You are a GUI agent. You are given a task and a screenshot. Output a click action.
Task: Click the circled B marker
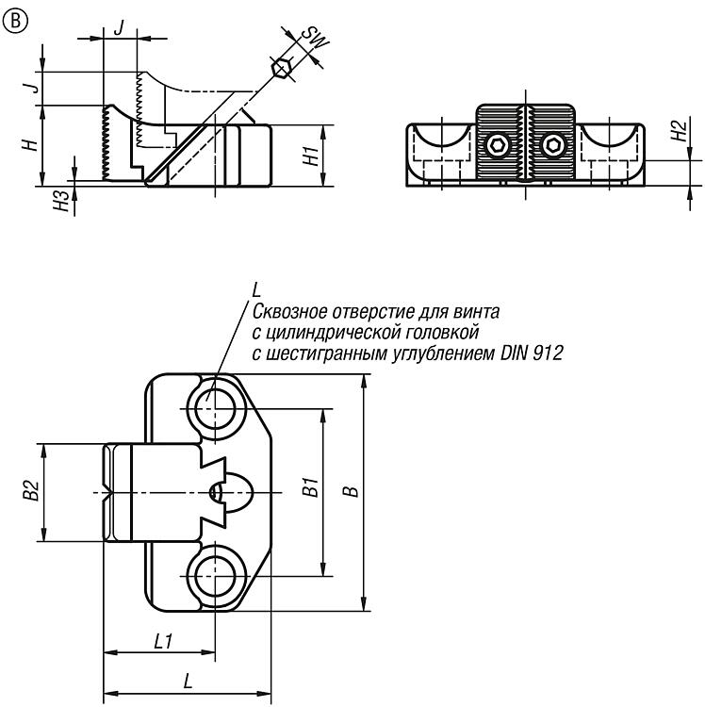click(x=15, y=21)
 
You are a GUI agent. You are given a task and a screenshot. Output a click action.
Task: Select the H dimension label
click(x=31, y=145)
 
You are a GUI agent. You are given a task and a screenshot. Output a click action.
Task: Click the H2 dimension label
click(x=679, y=131)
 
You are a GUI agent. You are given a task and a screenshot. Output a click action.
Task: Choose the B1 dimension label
click(x=311, y=487)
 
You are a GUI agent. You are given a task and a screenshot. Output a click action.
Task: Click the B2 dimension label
click(x=31, y=490)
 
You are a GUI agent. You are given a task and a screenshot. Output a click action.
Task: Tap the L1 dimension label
click(x=163, y=641)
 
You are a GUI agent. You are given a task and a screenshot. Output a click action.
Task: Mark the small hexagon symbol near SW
click(x=280, y=69)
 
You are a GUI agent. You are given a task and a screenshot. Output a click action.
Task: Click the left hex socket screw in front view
click(x=498, y=145)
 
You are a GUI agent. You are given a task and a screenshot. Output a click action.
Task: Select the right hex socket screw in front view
click(x=553, y=145)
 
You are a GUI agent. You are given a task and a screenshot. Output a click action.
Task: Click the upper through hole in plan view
click(x=216, y=408)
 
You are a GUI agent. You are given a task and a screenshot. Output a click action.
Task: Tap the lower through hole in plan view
click(x=216, y=576)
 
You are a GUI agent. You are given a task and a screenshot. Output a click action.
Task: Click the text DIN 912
click(x=533, y=353)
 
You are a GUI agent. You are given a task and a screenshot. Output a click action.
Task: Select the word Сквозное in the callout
click(x=289, y=312)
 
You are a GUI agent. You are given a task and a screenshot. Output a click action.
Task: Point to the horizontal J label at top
click(x=119, y=28)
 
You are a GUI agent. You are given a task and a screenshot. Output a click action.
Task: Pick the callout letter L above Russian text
click(x=256, y=290)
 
